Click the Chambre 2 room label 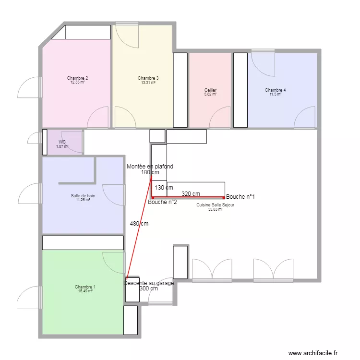click(77, 78)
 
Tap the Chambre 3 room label click(148, 78)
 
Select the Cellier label click(210, 90)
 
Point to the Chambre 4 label click(275, 90)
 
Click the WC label click(62, 142)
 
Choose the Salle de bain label click(83, 195)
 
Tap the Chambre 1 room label click(85, 287)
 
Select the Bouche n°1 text click(240, 197)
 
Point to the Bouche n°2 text click(162, 202)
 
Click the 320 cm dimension click(191, 194)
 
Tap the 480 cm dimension click(139, 223)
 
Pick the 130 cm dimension click(164, 188)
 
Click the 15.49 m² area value click(85, 291)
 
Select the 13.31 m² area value click(148, 83)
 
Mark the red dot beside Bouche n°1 click(224, 197)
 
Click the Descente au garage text click(148, 283)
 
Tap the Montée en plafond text click(150, 167)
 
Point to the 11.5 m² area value click(275, 95)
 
